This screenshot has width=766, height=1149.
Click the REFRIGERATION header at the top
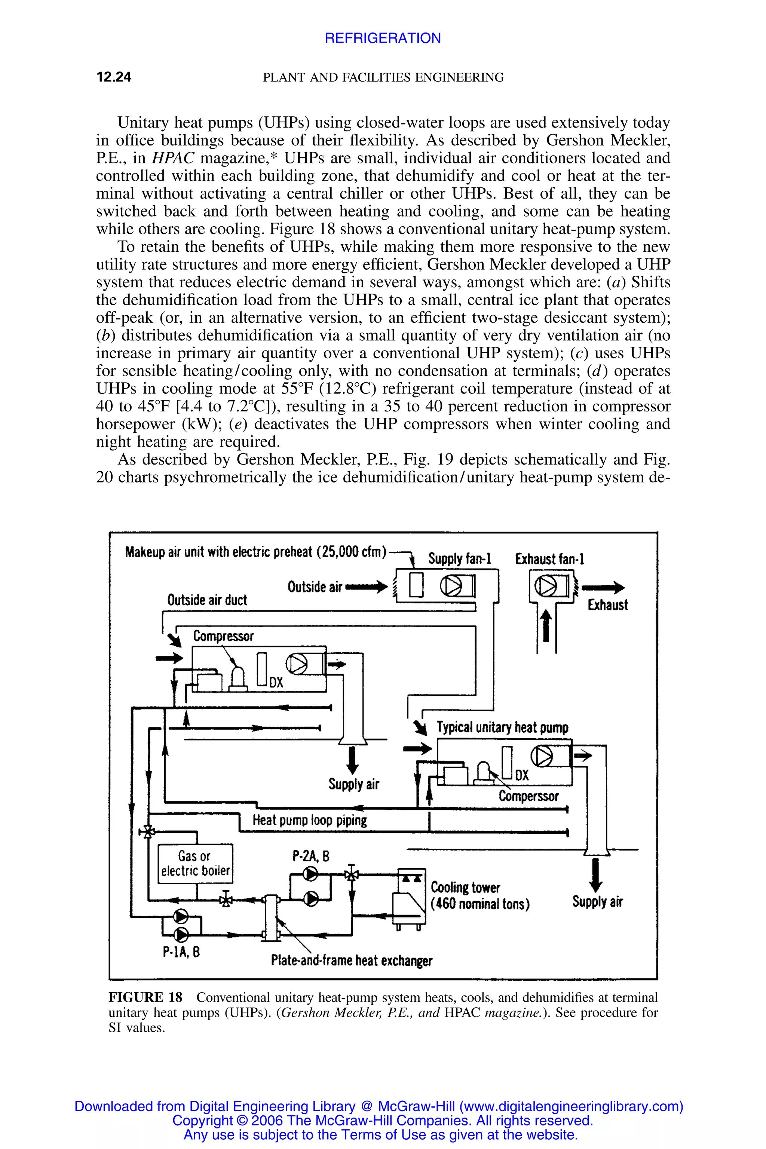(383, 38)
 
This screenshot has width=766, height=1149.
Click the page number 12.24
(114, 77)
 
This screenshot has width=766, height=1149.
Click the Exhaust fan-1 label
(549, 559)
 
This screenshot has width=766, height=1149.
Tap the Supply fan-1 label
(459, 558)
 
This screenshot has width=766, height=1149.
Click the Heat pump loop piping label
(309, 820)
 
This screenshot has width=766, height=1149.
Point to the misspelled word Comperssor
(528, 796)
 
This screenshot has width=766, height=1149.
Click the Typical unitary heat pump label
(502, 727)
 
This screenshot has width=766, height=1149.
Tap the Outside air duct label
(207, 600)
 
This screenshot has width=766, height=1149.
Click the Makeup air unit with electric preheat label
(255, 552)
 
